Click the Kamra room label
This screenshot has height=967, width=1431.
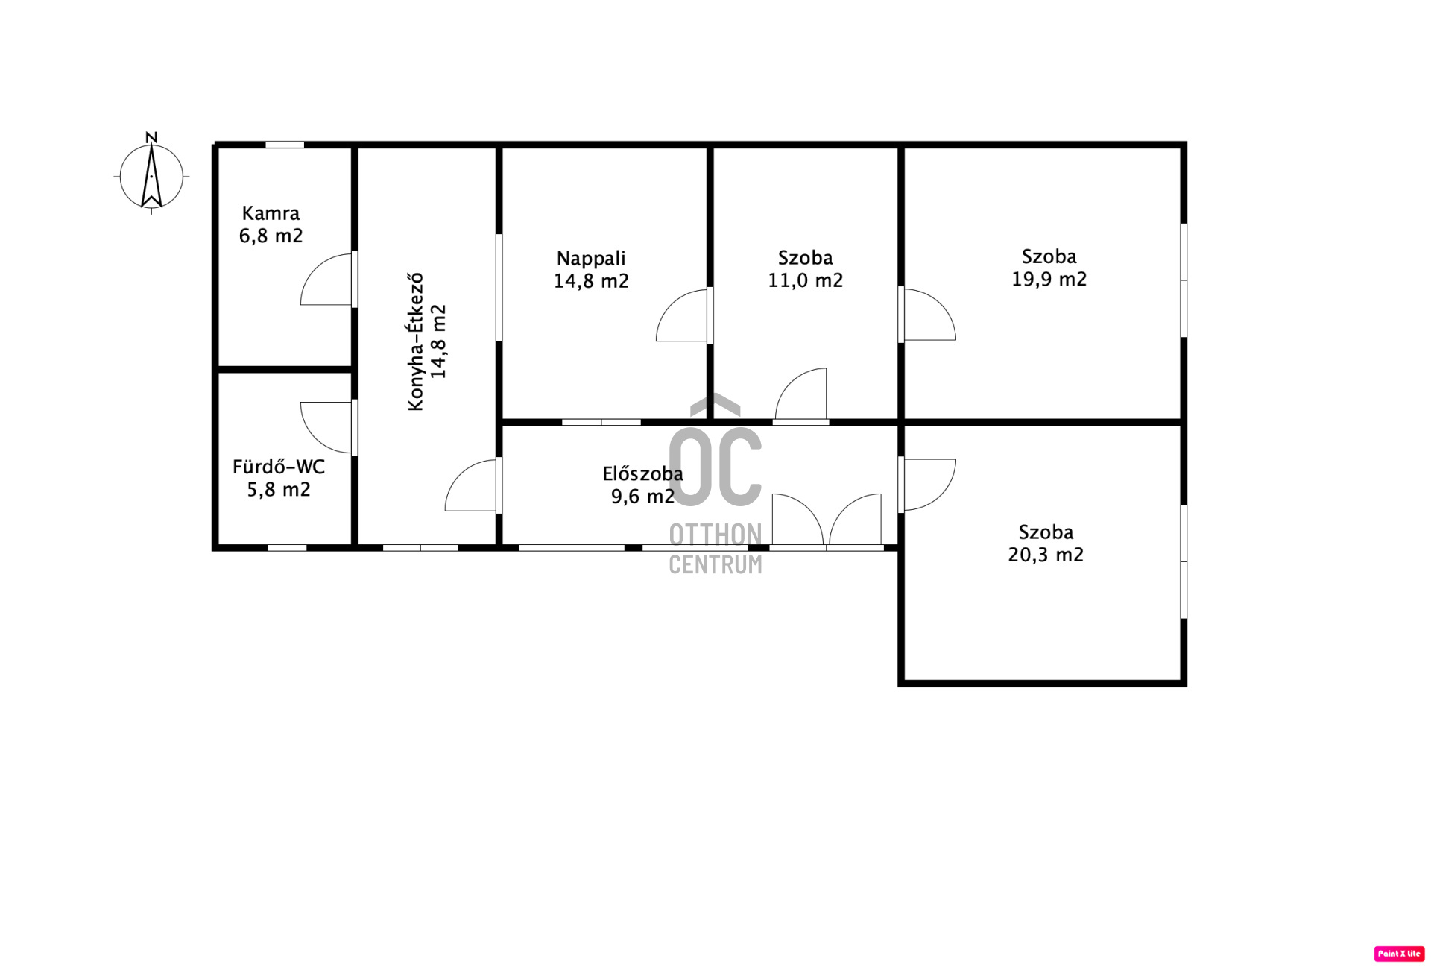(271, 213)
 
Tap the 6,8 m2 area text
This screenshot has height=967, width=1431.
(271, 236)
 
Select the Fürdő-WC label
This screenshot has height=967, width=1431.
(279, 467)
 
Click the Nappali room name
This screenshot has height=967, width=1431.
(591, 259)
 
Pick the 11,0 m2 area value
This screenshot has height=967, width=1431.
(806, 280)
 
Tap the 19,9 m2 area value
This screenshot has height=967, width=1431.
(1049, 279)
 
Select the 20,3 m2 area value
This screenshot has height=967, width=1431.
(1046, 555)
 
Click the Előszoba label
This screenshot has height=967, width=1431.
(642, 473)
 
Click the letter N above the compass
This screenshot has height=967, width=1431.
(151, 138)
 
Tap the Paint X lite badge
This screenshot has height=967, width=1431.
(1399, 954)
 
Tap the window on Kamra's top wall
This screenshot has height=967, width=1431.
(285, 145)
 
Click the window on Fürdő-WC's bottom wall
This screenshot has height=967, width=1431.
(287, 548)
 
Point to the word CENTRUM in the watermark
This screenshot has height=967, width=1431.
(715, 564)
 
